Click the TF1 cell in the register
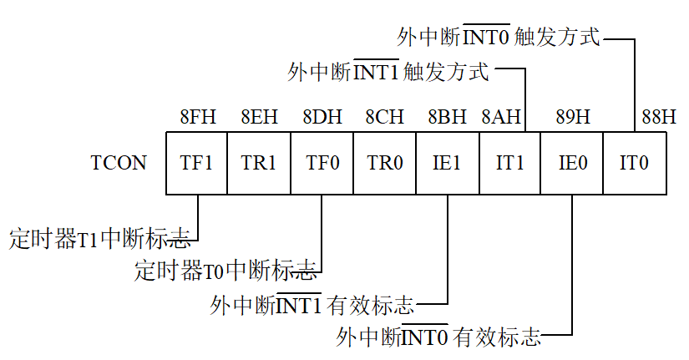196,163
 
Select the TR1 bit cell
259,163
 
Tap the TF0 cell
322,163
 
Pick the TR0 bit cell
384,163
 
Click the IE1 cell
447,163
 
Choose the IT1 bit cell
509,163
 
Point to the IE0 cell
572,163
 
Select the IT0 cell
635,163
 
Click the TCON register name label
119,163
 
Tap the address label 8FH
198,117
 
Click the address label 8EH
259,117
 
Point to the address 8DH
322,117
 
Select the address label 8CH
384,117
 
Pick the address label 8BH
447,117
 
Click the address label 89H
572,117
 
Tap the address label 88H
658,117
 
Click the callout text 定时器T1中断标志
99,240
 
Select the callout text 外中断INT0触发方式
499,37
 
